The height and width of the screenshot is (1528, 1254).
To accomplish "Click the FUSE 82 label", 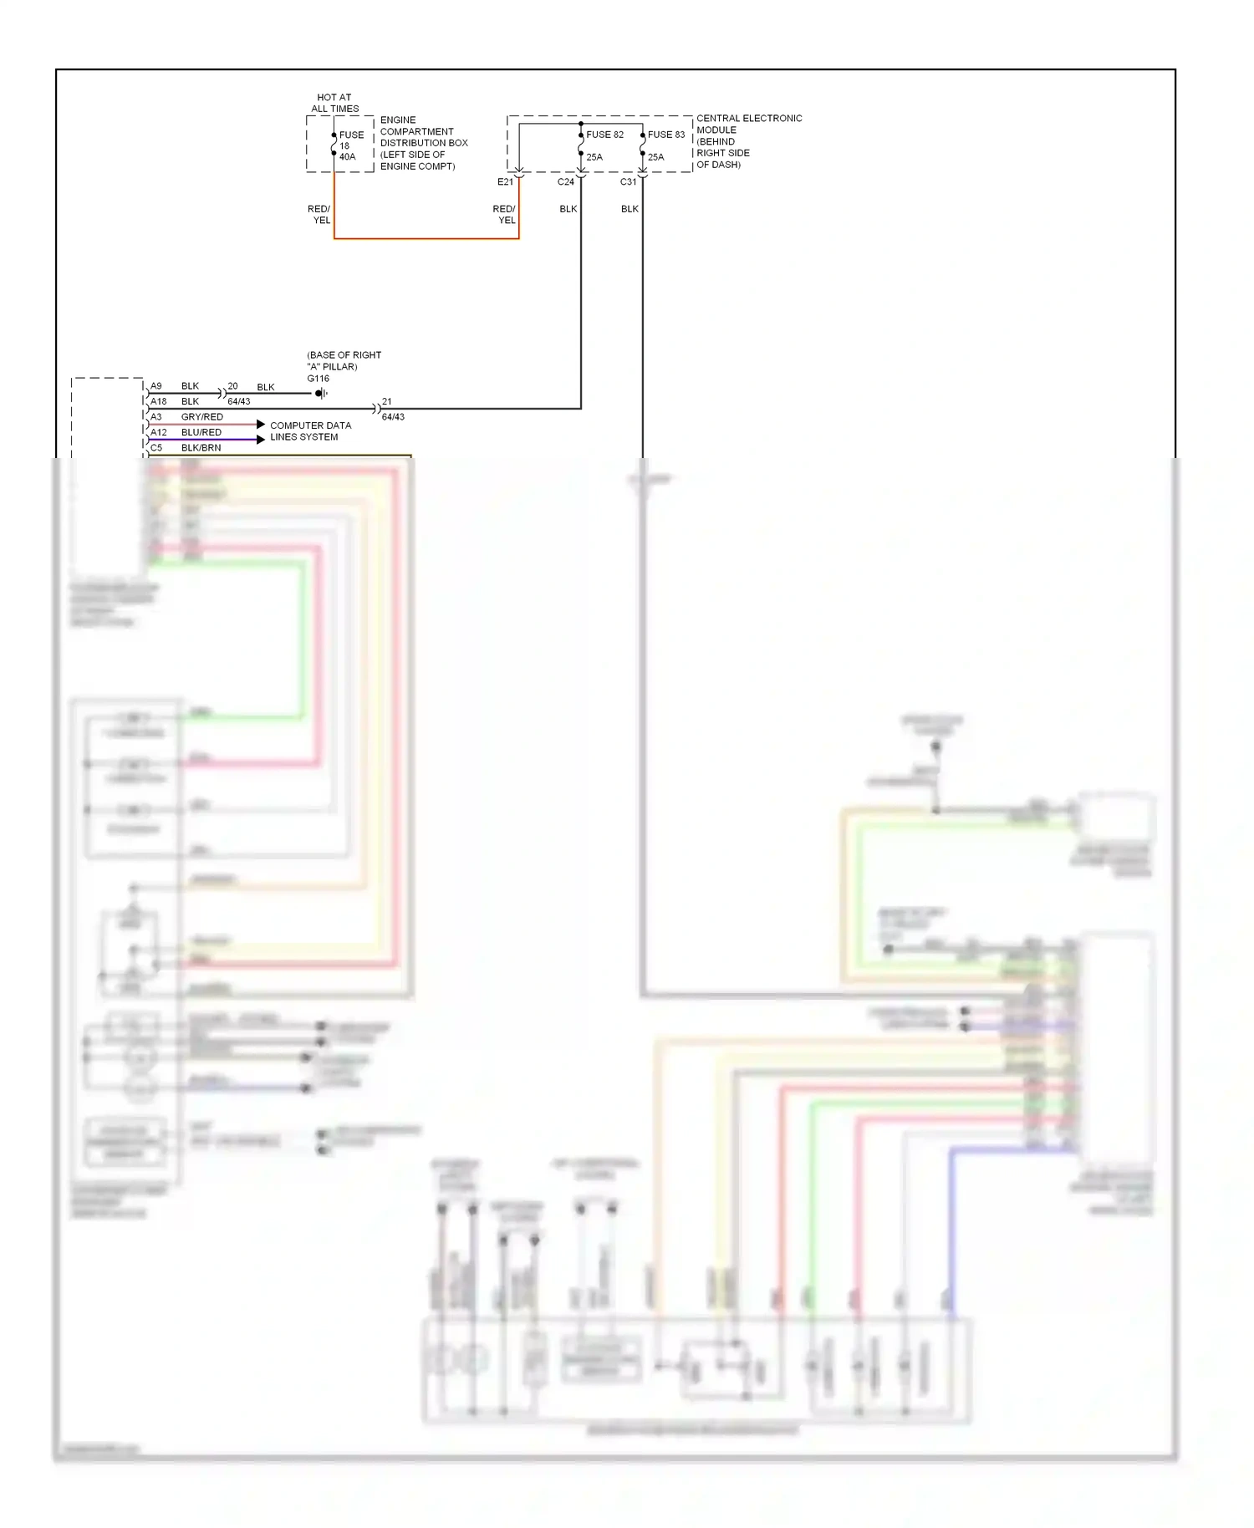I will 604,135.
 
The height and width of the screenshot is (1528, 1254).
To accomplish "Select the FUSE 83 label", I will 665,135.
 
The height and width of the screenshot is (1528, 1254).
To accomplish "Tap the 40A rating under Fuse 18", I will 347,157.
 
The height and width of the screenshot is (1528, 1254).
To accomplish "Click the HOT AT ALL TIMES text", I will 334,103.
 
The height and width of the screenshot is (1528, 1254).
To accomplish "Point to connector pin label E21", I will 505,182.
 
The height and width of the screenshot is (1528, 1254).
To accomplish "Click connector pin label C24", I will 566,182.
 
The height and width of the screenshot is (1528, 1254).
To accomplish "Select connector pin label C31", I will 628,182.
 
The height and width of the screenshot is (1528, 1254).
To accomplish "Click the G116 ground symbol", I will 321,394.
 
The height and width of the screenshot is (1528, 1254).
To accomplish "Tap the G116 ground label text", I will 318,379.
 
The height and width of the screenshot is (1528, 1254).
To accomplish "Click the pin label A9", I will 156,386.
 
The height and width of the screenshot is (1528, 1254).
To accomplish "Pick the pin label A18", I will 158,401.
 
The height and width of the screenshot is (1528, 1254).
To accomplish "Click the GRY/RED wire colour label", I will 201,417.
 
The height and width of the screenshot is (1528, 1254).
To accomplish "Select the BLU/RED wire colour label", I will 201,432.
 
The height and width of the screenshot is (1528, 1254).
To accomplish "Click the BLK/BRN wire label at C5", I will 201,448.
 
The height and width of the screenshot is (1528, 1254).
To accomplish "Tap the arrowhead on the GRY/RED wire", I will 260,425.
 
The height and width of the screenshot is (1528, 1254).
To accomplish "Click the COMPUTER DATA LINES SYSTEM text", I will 310,431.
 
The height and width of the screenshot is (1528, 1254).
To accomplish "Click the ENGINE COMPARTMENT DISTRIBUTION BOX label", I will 423,143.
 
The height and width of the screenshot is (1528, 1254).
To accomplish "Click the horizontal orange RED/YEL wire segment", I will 426,239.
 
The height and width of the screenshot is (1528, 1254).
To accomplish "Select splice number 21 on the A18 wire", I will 386,402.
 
